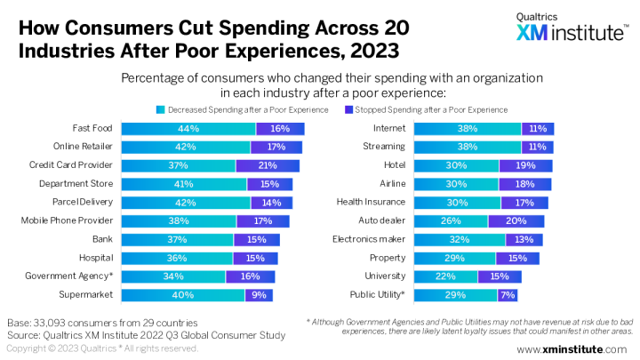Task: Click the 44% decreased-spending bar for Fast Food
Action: pos(188,129)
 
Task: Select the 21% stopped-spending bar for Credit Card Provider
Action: pos(268,165)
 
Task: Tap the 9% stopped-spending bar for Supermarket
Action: pos(260,295)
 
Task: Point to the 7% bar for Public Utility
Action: pos(508,295)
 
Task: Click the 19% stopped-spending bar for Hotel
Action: pos(525,165)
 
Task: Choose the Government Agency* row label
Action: pos(69,276)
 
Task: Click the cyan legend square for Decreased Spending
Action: pos(161,109)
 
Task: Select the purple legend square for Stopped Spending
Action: pos(348,109)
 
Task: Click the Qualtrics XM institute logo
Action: pos(570,28)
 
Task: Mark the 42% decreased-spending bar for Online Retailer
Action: pos(186,147)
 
